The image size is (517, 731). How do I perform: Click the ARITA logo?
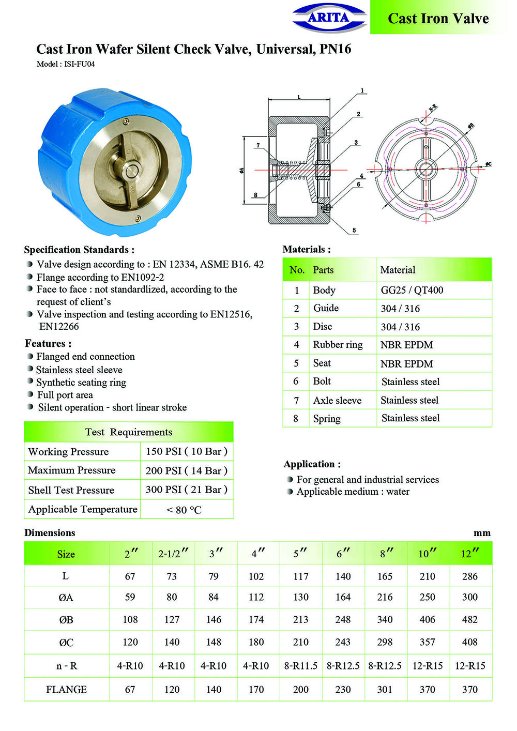point(329,18)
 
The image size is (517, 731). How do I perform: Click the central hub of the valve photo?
point(132,171)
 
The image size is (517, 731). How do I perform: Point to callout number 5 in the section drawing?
point(354,231)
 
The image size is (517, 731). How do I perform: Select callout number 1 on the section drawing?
point(362,91)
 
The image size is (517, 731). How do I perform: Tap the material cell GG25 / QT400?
point(412,290)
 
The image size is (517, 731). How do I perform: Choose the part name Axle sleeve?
point(337,400)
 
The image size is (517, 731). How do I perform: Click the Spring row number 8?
point(296,418)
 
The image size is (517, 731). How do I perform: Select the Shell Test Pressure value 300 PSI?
point(186,490)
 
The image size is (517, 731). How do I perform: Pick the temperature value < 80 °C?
point(184,510)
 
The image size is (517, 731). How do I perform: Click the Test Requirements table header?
point(129,432)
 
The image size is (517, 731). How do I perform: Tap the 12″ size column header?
point(470,554)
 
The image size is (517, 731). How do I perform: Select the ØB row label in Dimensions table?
point(66,619)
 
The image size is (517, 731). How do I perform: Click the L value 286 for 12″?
point(470,576)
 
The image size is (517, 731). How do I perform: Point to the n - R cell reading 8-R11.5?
point(301,666)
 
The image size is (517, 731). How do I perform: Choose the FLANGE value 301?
point(385,690)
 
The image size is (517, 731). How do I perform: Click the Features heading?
point(48,344)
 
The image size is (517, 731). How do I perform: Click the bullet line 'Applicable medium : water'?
point(353,492)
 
